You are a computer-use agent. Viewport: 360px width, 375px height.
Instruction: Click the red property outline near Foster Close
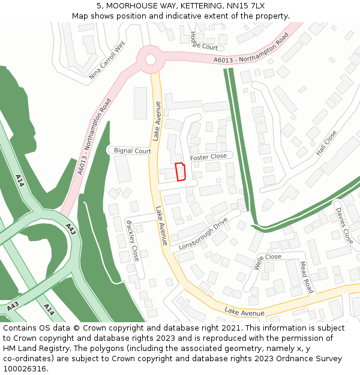click(x=180, y=172)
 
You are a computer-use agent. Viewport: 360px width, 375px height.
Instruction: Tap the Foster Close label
click(x=208, y=157)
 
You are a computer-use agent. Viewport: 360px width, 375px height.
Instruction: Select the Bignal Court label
click(x=133, y=151)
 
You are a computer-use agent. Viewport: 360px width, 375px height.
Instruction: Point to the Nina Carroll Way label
click(x=107, y=61)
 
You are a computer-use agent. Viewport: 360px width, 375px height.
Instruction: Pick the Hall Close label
click(x=326, y=143)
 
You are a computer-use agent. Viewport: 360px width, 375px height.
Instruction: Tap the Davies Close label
click(x=344, y=226)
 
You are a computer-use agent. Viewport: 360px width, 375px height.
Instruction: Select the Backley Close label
click(x=132, y=241)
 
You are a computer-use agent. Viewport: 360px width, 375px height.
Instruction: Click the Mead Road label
click(x=306, y=277)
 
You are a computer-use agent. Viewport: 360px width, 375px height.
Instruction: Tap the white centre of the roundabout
click(x=150, y=59)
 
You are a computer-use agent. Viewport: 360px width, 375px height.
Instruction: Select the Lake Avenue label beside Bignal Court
click(x=157, y=121)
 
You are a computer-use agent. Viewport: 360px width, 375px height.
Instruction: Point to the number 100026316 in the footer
click(x=25, y=368)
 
